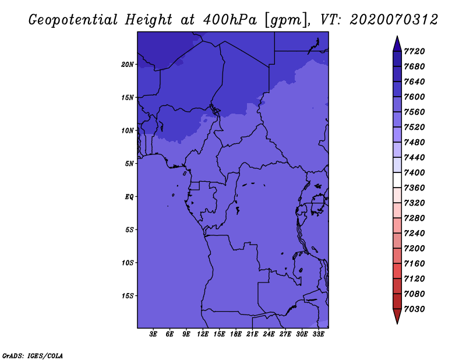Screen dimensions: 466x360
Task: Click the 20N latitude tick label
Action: pos(128,65)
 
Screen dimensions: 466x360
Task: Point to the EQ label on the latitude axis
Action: pos(129,197)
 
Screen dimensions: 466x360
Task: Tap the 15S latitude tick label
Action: pos(128,296)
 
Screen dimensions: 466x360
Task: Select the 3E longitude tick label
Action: pos(153,334)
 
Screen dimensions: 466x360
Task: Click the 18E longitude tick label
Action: pos(236,334)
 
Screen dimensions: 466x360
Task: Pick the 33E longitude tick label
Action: pos(318,334)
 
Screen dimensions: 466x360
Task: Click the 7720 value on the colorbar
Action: pos(414,51)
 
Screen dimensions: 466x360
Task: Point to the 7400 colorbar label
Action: pos(414,172)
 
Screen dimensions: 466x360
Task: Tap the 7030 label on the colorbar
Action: pos(414,309)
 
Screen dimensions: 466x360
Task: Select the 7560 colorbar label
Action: pos(414,112)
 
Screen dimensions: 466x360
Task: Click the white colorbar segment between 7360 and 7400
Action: pos(397,180)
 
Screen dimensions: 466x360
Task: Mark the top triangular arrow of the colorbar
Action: pos(397,44)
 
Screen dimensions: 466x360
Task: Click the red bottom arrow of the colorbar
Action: pos(397,316)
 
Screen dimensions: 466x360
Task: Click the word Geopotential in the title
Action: pos(73,20)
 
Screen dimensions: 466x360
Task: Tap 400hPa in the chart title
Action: pos(230,20)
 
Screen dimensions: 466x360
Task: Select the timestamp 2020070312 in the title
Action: pos(394,20)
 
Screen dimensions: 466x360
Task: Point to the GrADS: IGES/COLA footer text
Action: pos(33,356)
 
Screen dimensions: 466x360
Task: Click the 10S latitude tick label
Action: pos(128,263)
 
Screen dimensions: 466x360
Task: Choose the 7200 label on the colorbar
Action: pos(414,249)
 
